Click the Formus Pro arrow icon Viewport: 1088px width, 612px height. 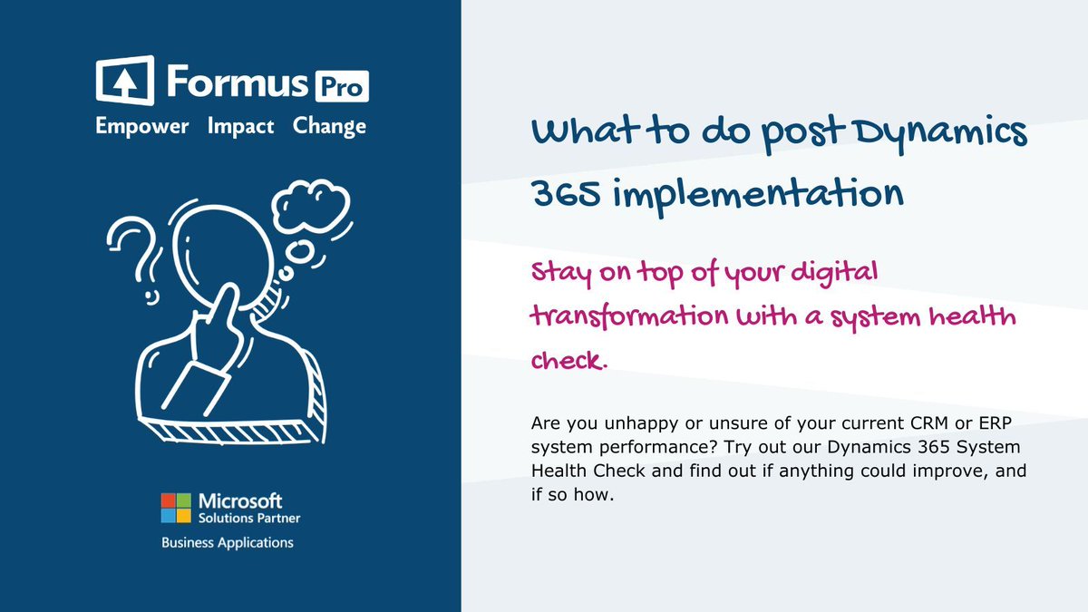tap(125, 82)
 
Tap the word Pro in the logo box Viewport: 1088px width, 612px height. tap(341, 87)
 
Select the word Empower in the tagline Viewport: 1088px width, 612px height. tap(142, 126)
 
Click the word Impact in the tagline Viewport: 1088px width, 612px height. tap(240, 126)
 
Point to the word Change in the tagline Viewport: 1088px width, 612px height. tap(329, 126)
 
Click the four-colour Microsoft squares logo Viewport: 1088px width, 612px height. tap(176, 508)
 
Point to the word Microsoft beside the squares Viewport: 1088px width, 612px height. tap(239, 501)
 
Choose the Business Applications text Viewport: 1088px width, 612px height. tap(227, 542)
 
